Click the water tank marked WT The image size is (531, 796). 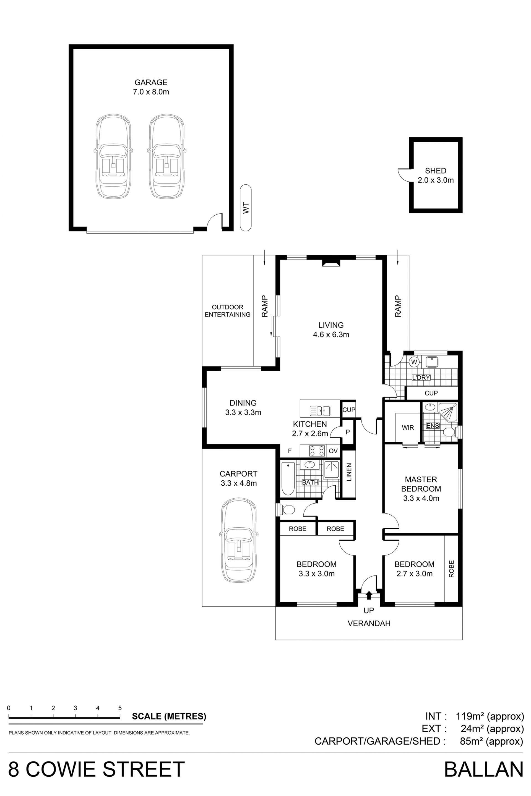click(246, 208)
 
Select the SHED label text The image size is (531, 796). click(436, 171)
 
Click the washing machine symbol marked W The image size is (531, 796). click(414, 362)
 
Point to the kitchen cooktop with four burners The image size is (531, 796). click(317, 451)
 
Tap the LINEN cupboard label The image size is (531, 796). click(349, 472)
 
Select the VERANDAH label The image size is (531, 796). click(369, 624)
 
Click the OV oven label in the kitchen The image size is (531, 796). click(333, 451)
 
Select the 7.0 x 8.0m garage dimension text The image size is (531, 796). click(151, 92)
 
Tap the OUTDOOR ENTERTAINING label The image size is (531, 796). click(228, 311)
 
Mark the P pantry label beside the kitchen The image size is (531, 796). click(348, 432)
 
